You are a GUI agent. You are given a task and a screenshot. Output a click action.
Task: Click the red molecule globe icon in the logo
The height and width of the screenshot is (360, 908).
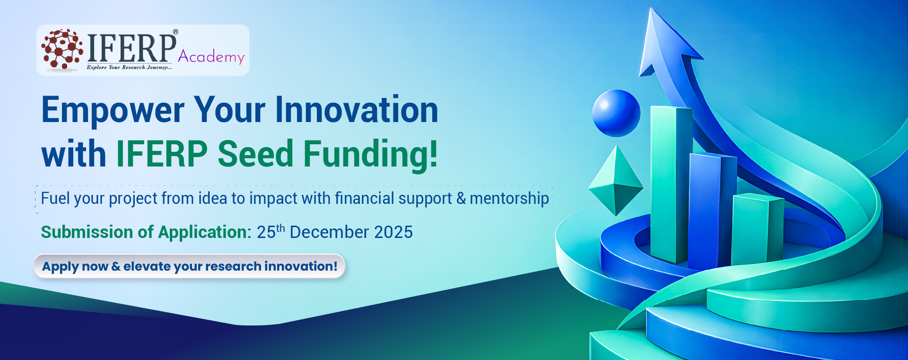[x=62, y=49]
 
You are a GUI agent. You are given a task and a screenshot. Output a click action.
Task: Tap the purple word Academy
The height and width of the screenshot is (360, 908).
[x=211, y=57]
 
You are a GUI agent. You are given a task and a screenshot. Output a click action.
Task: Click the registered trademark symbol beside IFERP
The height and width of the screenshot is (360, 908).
[x=175, y=32]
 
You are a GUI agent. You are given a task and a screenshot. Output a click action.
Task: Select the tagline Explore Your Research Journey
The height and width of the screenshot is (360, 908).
[x=129, y=67]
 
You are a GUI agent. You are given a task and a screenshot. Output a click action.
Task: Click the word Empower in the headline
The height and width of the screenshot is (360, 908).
[x=113, y=111]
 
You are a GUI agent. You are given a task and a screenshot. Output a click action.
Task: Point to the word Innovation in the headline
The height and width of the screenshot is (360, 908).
[x=357, y=110]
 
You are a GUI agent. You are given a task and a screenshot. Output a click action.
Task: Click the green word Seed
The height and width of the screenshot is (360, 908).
[x=255, y=154]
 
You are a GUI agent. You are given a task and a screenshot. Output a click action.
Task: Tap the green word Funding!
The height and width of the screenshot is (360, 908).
[x=371, y=155]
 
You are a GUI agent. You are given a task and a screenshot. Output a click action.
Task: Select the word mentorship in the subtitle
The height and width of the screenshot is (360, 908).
[x=509, y=199]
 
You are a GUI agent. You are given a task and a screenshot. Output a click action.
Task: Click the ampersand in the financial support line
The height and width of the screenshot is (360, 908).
[x=461, y=199]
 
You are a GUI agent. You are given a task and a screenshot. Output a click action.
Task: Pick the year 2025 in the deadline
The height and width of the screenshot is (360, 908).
[x=393, y=232]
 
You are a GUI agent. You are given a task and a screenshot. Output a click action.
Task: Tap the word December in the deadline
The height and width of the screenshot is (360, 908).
[x=329, y=232]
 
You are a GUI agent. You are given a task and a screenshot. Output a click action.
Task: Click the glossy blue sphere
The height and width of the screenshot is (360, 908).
[x=616, y=113]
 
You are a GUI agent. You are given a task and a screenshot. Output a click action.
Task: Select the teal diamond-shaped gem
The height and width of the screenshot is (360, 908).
[x=616, y=181]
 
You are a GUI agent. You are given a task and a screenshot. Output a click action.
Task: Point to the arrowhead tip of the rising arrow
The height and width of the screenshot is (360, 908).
[x=652, y=8]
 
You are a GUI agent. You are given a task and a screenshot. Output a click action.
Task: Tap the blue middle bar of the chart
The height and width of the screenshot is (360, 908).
[x=712, y=211]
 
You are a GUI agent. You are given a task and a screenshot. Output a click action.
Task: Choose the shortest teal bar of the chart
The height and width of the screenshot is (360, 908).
[x=757, y=229]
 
